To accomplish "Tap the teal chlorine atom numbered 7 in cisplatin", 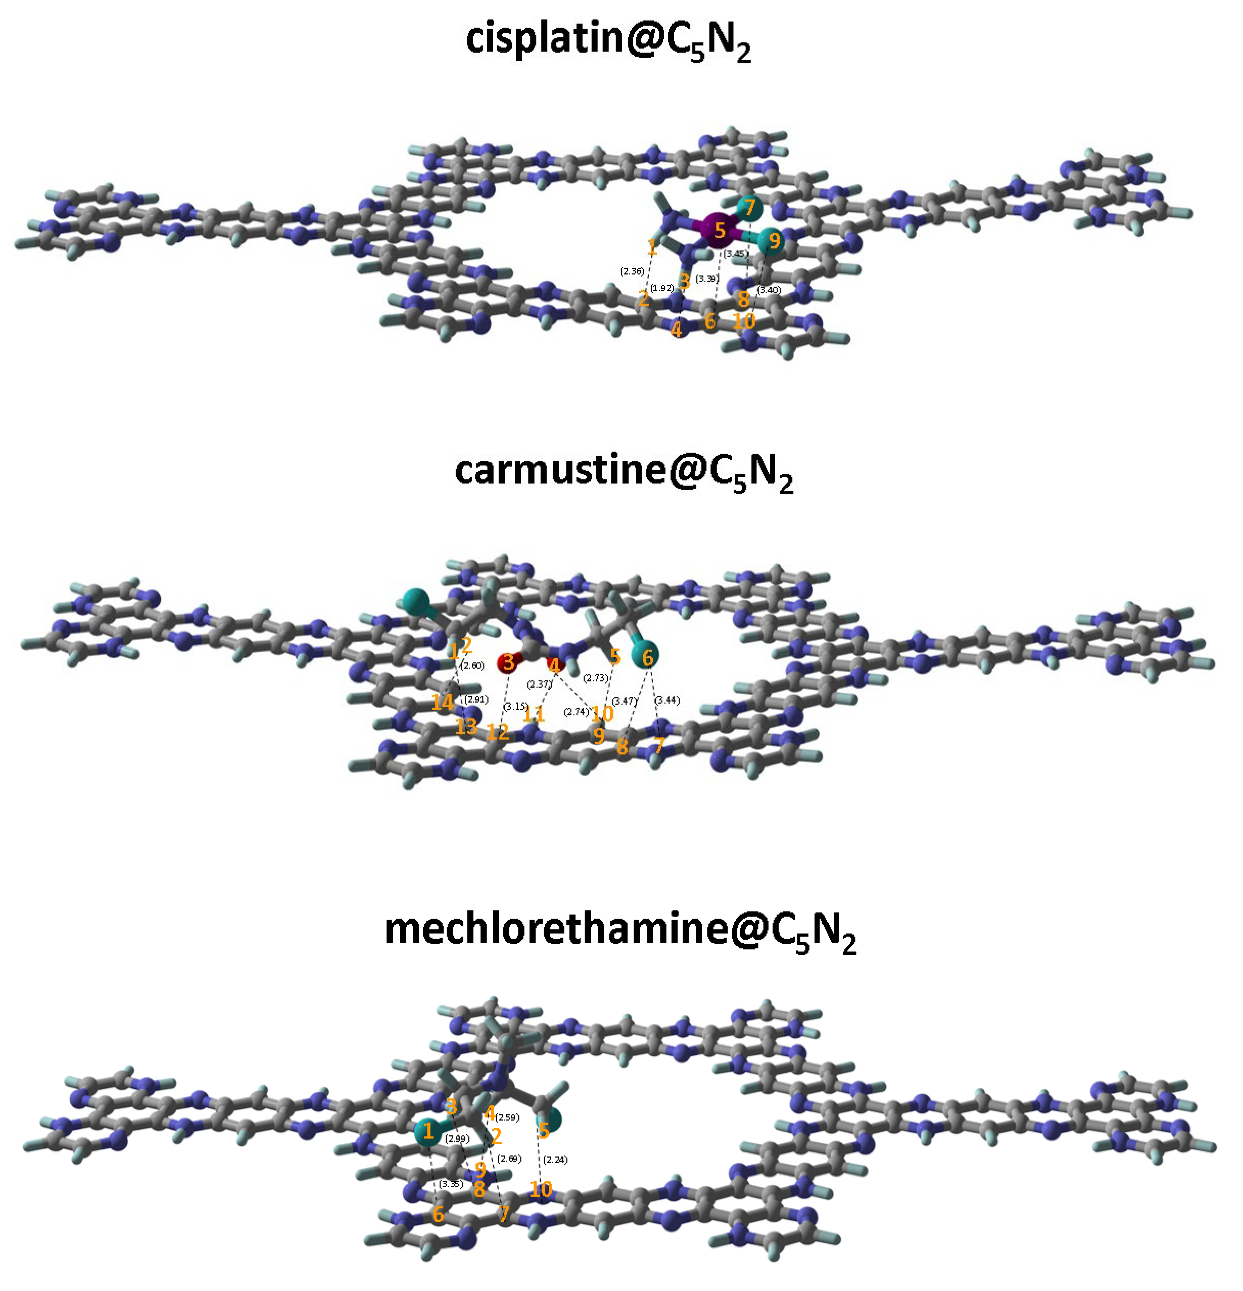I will pos(749,209).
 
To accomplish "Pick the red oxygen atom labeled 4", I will pos(555,664).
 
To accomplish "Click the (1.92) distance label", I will pos(662,288).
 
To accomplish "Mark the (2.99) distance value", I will pos(457,1138).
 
